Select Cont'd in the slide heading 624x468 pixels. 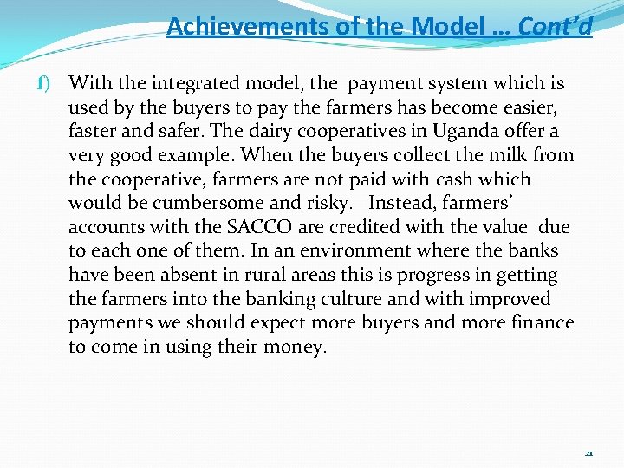click(x=556, y=27)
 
